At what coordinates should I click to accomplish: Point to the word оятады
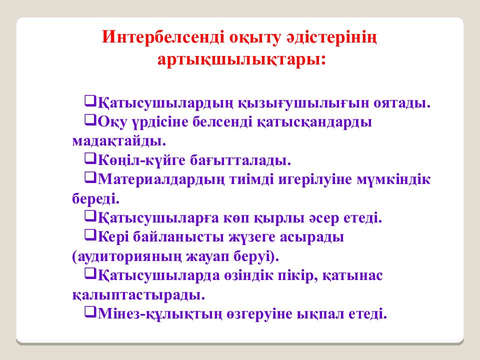tap(401, 103)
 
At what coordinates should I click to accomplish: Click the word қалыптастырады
tap(138, 294)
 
